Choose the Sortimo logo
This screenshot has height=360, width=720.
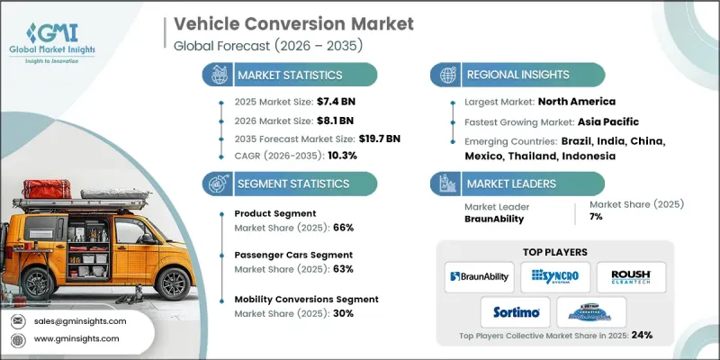pyautogui.click(x=517, y=311)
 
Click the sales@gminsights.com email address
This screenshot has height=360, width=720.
pyautogui.click(x=80, y=321)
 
